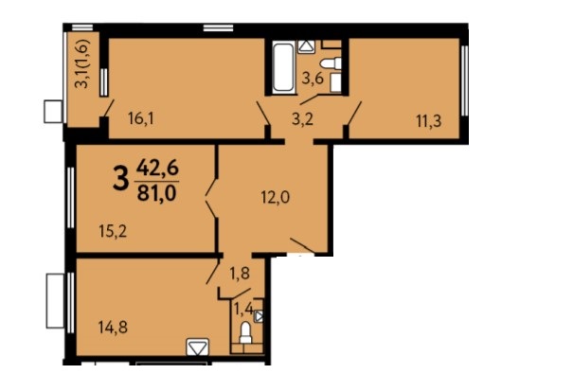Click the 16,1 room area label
tap(141, 118)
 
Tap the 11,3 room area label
tap(429, 121)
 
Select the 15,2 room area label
tap(113, 231)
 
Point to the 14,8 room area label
tap(113, 327)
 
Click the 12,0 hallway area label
tap(276, 198)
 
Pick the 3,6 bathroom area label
tap(313, 79)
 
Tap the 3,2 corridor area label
tap(302, 119)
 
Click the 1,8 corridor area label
tap(240, 273)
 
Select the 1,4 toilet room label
tap(243, 310)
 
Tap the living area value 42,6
tap(157, 169)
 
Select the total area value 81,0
tap(157, 192)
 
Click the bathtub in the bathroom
tap(283, 68)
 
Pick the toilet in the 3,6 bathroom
tap(331, 63)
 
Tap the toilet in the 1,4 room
tap(245, 332)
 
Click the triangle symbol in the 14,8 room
tap(198, 347)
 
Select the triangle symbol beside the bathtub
tap(306, 46)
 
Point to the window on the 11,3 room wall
tap(464, 80)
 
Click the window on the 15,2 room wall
tap(70, 197)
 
